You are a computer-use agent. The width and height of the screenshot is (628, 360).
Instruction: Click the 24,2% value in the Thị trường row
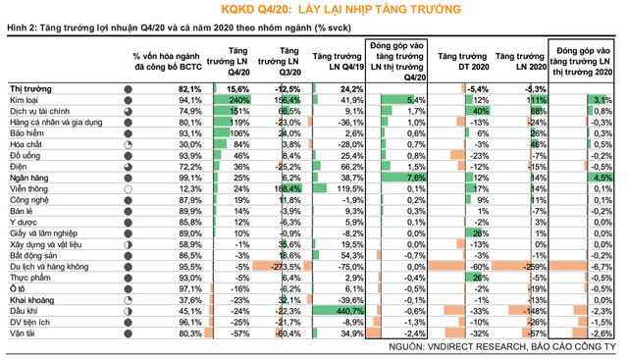340,89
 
